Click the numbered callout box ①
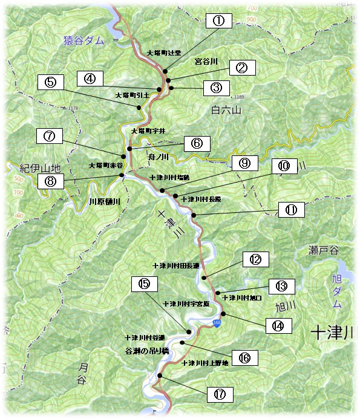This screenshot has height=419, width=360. click(x=218, y=21)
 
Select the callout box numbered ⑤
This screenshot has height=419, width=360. click(x=51, y=82)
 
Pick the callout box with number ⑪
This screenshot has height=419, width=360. click(x=291, y=210)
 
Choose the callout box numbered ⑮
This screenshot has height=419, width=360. click(x=144, y=283)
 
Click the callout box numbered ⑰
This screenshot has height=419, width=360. click(x=220, y=394)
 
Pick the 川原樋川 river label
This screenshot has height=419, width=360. click(x=105, y=202)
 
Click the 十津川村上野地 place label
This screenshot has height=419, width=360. click(x=205, y=363)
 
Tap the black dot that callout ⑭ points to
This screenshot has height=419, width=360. click(x=223, y=314)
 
